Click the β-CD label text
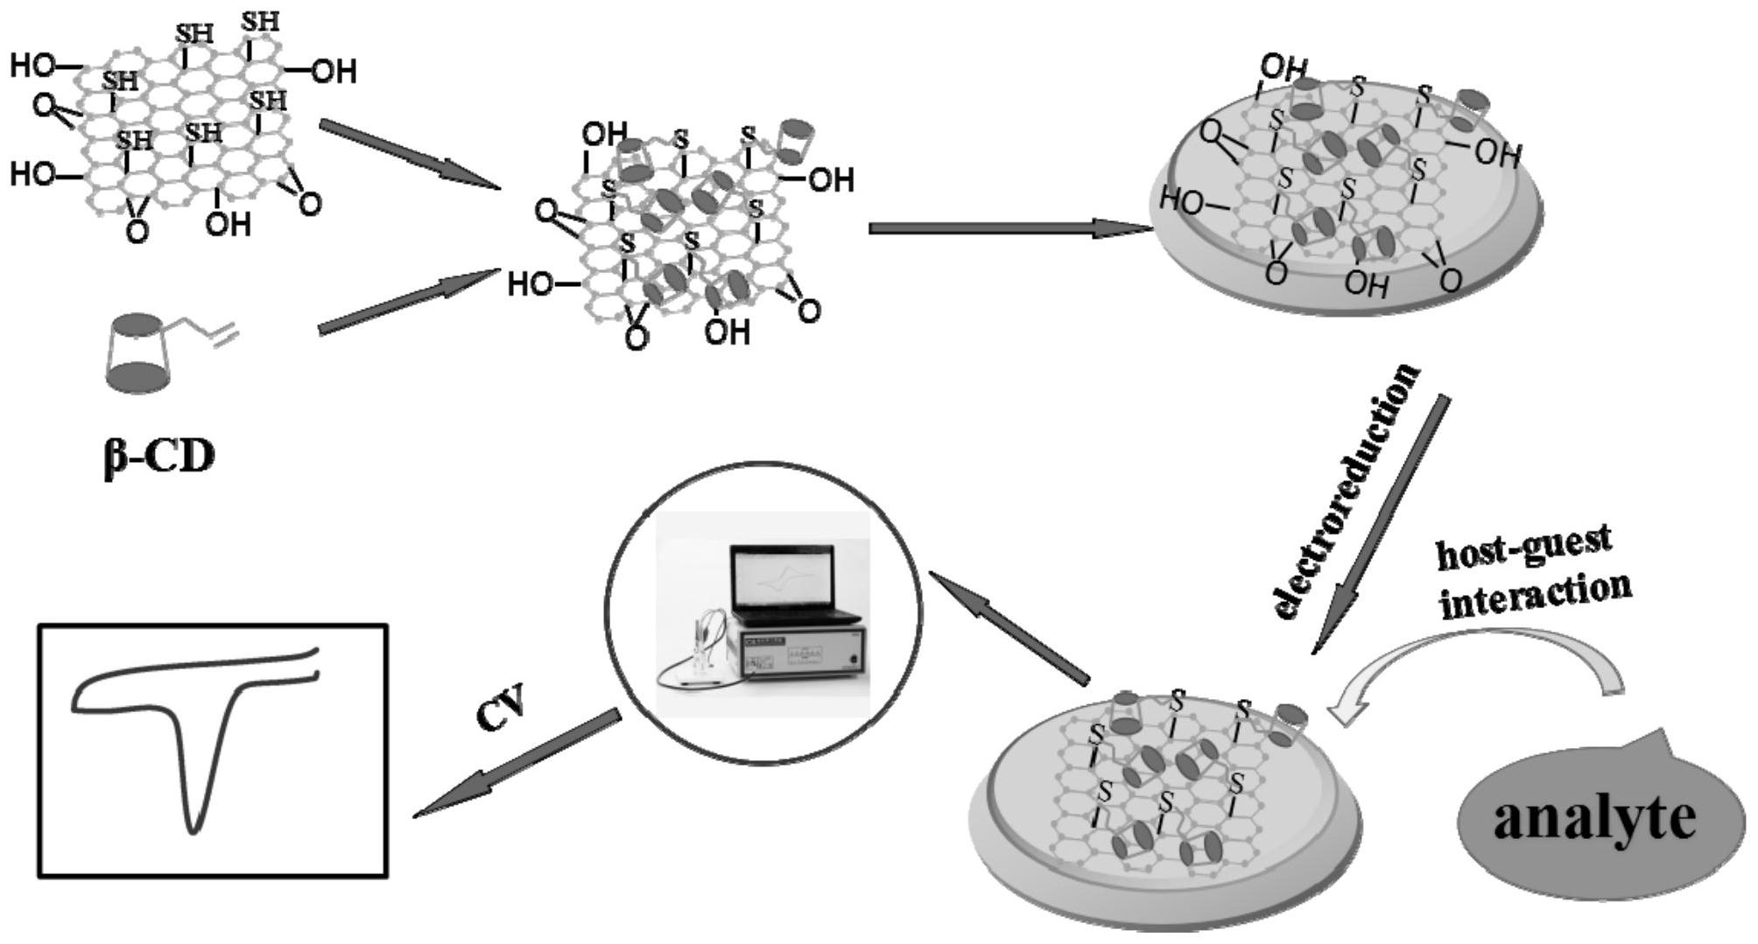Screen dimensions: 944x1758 [158, 457]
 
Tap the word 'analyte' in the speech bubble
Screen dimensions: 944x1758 [1594, 818]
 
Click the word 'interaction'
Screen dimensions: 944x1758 [1536, 597]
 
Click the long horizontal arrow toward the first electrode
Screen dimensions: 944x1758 [1007, 228]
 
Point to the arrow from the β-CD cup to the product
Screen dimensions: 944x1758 [407, 300]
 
